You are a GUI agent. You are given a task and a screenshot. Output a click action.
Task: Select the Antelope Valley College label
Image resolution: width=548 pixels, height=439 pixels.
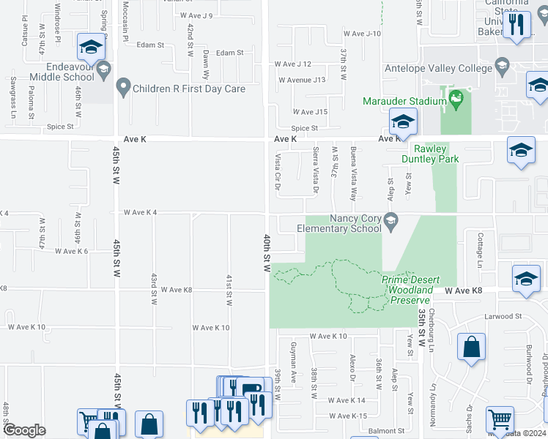click(x=439, y=69)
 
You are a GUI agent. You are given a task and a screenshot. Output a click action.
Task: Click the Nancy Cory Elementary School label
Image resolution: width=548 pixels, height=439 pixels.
click(x=341, y=223)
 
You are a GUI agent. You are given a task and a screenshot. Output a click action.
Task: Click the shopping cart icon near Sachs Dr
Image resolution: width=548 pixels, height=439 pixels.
click(x=500, y=419)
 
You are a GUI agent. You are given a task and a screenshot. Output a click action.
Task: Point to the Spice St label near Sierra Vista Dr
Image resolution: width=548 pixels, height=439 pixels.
click(x=304, y=128)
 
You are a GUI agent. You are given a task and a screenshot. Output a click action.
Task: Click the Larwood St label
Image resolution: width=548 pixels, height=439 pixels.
click(x=502, y=317)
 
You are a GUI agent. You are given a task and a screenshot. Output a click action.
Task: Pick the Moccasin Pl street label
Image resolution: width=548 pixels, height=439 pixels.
click(x=125, y=21)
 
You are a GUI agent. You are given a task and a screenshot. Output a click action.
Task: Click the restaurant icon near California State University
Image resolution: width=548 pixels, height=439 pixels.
click(x=517, y=24)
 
